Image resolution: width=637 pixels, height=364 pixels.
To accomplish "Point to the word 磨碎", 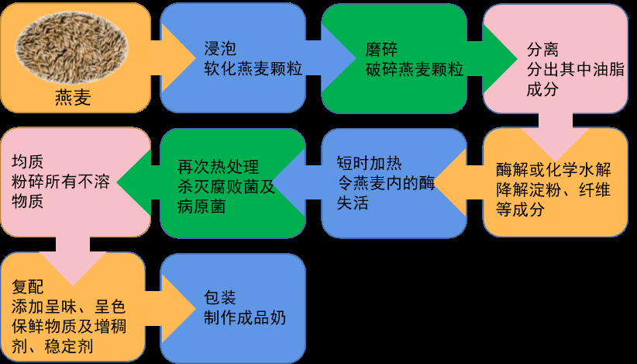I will pos(382,49).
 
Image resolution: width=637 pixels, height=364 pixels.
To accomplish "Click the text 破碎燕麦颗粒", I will pos(414,69).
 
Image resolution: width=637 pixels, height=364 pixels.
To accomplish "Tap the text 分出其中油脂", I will pos(576,69).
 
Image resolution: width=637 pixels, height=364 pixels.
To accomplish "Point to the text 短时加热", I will pos(370,164).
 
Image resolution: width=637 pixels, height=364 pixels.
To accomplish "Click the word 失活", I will pos(353,203).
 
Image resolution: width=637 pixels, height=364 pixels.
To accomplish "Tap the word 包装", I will pos(219,297).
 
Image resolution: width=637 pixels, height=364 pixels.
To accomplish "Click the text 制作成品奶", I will pos(245,317).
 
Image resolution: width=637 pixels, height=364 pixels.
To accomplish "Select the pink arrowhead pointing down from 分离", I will pos(555,140).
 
